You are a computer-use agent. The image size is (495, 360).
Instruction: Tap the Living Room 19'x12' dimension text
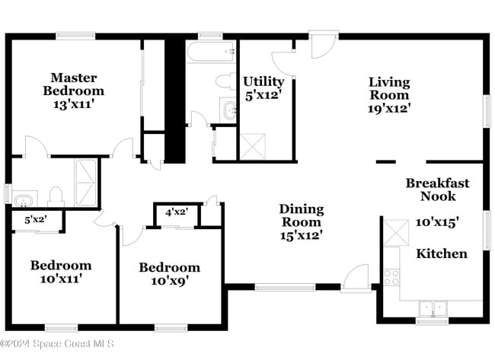click(389, 107)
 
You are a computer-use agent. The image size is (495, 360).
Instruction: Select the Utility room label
click(263, 81)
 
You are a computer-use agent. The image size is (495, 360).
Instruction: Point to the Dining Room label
click(301, 209)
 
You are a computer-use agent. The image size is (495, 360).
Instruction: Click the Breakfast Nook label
click(437, 190)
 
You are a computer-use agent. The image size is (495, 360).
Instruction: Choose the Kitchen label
click(441, 253)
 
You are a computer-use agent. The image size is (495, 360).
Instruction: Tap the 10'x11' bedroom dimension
click(61, 279)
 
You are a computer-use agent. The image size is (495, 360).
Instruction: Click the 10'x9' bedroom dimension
click(169, 281)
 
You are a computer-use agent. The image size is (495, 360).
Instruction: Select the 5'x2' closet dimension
click(37, 220)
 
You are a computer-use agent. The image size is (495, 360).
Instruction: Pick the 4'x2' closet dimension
click(176, 212)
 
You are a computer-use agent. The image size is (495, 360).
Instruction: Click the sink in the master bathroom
click(23, 201)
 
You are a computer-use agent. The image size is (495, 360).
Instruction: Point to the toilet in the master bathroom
click(55, 197)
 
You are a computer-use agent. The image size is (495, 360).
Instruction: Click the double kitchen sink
click(434, 309)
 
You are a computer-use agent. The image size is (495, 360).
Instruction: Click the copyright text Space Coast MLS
click(58, 344)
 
